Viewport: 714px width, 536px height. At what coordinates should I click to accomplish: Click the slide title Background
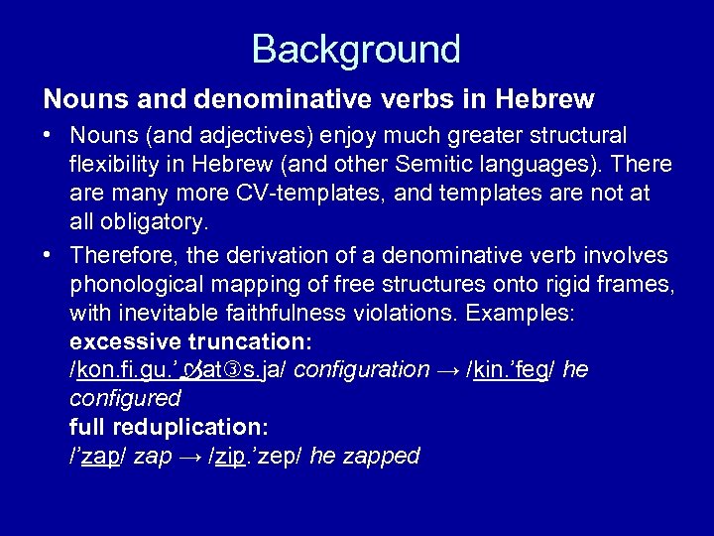[356, 49]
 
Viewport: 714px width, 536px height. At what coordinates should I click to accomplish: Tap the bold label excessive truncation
[191, 341]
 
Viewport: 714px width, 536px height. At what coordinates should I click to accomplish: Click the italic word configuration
[362, 370]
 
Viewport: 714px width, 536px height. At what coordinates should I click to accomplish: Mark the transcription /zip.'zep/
[256, 457]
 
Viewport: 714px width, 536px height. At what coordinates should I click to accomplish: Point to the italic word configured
[126, 399]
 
